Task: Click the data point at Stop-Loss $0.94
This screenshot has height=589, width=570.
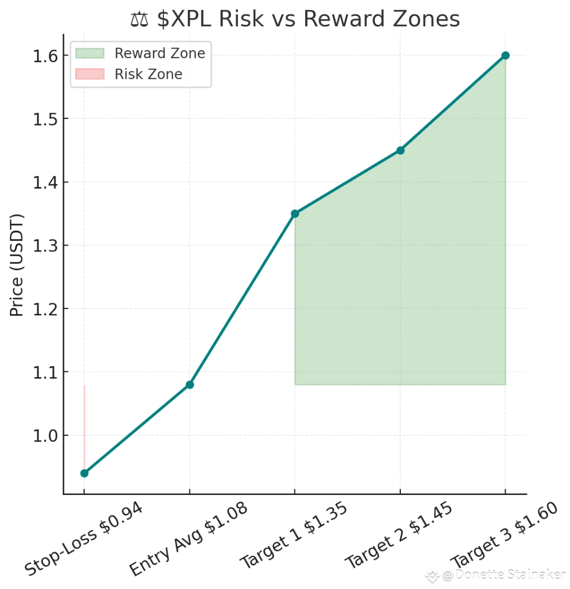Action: click(x=84, y=473)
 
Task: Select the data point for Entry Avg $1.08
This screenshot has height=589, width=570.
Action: click(x=189, y=385)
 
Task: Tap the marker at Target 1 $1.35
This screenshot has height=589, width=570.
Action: click(x=295, y=213)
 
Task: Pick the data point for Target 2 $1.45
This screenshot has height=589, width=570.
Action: click(x=400, y=151)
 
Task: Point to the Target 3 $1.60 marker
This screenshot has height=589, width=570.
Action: click(x=505, y=55)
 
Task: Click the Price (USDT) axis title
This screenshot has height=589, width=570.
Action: click(x=17, y=265)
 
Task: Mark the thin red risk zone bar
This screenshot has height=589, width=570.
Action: click(x=84, y=423)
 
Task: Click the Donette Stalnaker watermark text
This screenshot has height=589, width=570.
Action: click(x=510, y=575)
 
